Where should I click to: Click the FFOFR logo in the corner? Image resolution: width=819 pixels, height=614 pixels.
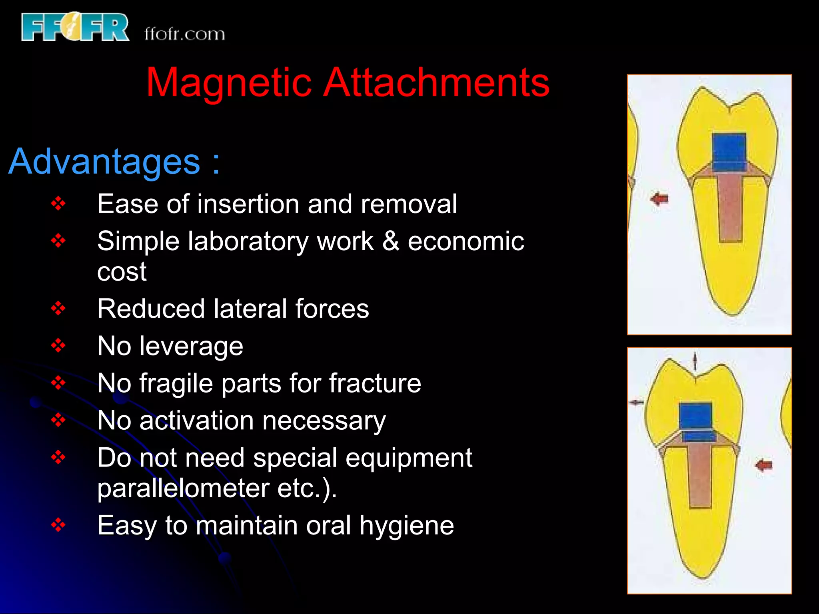[75, 27]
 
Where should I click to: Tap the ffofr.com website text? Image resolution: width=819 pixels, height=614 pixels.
[184, 34]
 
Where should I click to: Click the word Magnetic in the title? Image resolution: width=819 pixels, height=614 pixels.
[228, 83]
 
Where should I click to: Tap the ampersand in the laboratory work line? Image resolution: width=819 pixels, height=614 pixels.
[391, 241]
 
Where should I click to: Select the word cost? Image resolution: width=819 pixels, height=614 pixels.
[122, 272]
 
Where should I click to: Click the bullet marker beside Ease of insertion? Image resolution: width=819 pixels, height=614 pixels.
[58, 204]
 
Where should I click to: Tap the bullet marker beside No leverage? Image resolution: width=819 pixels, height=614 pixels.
[58, 346]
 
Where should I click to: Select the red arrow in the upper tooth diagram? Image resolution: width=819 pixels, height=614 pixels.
[659, 199]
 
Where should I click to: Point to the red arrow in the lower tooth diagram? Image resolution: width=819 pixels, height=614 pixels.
[764, 465]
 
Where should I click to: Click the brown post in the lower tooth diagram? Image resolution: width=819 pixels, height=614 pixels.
[700, 476]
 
